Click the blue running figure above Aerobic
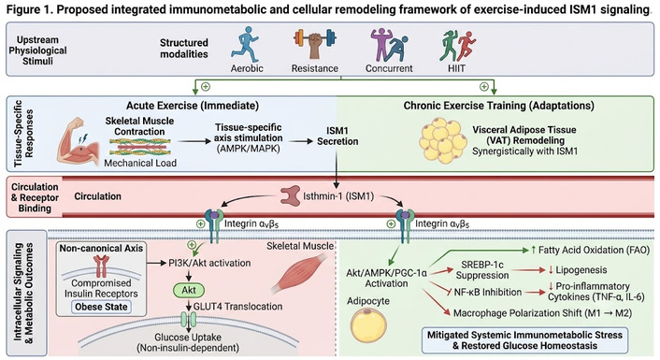pos(245,45)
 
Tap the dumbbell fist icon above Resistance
pos(315,43)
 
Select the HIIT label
pos(456,68)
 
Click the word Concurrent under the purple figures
pos(389,68)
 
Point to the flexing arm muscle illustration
pos(78,141)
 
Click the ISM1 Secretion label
pos(337,136)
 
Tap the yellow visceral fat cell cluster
pos(443,140)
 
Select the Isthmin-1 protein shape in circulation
pos(291,195)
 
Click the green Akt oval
pos(189,290)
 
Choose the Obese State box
pos(101,307)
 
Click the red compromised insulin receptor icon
pos(101,266)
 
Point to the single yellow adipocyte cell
pos(368,324)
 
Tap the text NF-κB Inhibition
pos(487,292)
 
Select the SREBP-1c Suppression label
pos(482,270)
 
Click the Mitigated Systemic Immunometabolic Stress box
pos(524,340)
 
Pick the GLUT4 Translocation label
pos(237,306)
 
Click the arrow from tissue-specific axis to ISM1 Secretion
pos(300,141)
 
